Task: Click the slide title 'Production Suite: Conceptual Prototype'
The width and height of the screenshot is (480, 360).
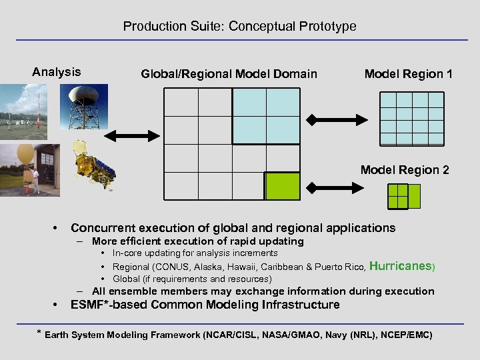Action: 239,27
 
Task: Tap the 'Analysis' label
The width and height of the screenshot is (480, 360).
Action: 57,72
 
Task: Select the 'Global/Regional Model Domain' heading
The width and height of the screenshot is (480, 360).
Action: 229,74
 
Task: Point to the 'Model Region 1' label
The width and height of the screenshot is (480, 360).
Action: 408,74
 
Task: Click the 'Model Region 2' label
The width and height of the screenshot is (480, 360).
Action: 405,170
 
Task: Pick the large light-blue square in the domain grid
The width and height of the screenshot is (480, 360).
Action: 266,115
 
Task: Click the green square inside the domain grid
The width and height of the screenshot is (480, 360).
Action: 282,186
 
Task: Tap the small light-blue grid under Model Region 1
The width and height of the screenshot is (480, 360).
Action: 411,118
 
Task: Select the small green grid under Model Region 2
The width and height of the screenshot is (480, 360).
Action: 404,196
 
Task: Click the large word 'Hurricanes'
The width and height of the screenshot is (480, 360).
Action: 400,265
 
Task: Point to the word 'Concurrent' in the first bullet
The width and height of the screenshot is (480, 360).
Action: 99,228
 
